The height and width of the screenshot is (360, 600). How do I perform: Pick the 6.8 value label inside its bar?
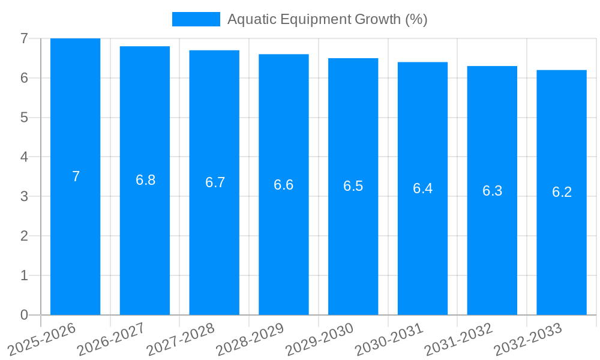pyautogui.click(x=145, y=180)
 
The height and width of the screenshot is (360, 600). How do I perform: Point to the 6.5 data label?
pyautogui.click(x=353, y=186)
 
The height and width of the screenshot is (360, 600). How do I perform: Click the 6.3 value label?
pyautogui.click(x=492, y=191)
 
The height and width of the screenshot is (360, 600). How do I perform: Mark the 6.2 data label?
pyautogui.click(x=562, y=192)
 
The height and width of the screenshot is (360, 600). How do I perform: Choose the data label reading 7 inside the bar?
pyautogui.click(x=76, y=176)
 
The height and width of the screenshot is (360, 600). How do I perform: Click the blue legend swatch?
pyautogui.click(x=196, y=19)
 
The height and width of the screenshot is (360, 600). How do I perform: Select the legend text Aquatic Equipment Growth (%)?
pyautogui.click(x=327, y=19)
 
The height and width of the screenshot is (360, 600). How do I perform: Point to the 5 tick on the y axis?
pyautogui.click(x=24, y=118)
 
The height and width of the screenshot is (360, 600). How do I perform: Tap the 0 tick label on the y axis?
pyautogui.click(x=24, y=315)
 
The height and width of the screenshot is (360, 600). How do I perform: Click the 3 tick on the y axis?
pyautogui.click(x=24, y=196)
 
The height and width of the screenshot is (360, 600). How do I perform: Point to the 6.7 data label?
pyautogui.click(x=215, y=182)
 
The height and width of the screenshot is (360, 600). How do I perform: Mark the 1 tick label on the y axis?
pyautogui.click(x=24, y=275)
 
